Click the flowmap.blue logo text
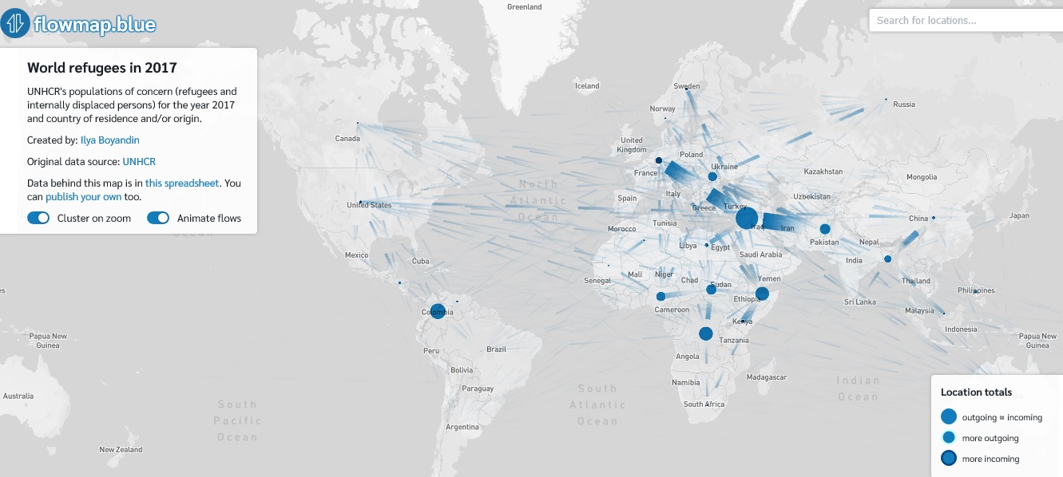pyautogui.click(x=94, y=25)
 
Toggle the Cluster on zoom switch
pyautogui.click(x=38, y=218)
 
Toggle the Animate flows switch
pyautogui.click(x=158, y=218)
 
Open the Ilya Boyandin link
pyautogui.click(x=109, y=140)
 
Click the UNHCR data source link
pyautogui.click(x=139, y=162)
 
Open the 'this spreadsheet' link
pyautogui.click(x=181, y=183)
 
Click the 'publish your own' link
pyautogui.click(x=83, y=196)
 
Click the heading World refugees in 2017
pyautogui.click(x=101, y=69)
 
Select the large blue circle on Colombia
pyautogui.click(x=438, y=311)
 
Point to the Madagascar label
pyautogui.click(x=766, y=377)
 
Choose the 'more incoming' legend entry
pyautogui.click(x=990, y=459)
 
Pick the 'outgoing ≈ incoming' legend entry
pyautogui.click(x=1001, y=417)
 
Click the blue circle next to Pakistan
pyautogui.click(x=824, y=229)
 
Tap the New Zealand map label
pyautogui.click(x=121, y=450)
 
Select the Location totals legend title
pyautogui.click(x=976, y=392)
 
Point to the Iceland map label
pyautogui.click(x=587, y=86)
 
